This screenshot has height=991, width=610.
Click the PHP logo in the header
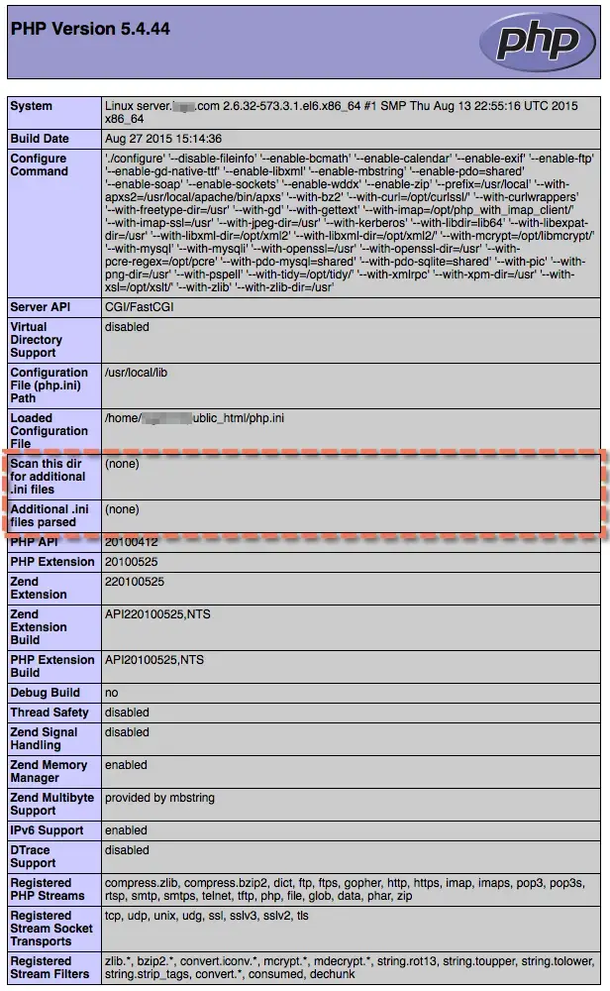click(538, 41)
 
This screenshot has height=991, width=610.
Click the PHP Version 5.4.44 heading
click(90, 30)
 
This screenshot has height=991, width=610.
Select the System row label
click(32, 106)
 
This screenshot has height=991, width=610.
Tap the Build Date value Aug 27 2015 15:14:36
click(163, 139)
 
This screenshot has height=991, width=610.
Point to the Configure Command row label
click(39, 165)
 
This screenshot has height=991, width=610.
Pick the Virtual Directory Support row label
click(37, 340)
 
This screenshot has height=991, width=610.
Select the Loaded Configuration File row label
click(49, 431)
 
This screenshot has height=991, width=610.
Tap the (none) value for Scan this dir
click(122, 464)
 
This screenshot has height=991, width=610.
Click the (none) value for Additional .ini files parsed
click(122, 509)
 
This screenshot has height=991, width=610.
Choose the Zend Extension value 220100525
click(135, 582)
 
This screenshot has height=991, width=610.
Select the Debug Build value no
click(112, 693)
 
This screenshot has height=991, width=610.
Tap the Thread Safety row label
click(50, 713)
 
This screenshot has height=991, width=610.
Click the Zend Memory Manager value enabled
click(126, 765)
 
